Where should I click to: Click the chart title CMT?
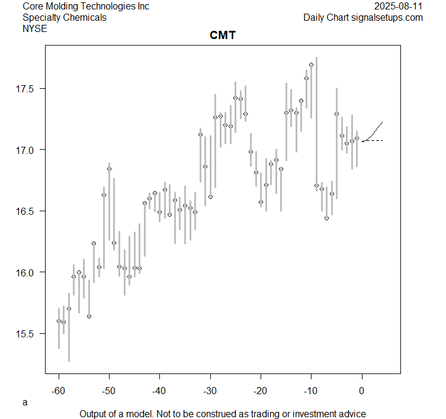[223, 36]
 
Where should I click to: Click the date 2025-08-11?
[399, 6]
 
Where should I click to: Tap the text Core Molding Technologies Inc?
[86, 6]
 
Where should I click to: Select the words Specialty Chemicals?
[65, 17]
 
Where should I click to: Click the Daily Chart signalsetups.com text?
[363, 17]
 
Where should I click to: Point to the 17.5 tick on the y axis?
[26, 89]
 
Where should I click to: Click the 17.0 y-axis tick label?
[26, 150]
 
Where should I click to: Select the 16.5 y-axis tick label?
[26, 211]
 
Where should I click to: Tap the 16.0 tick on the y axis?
[26, 272]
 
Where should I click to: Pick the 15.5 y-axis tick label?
[26, 334]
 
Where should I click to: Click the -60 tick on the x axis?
[59, 391]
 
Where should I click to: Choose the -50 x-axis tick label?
[109, 391]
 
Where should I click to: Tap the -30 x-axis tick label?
[210, 391]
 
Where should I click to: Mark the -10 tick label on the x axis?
[311, 391]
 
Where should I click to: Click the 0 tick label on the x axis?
[362, 391]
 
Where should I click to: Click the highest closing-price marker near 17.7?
[311, 65]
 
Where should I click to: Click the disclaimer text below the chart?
[223, 414]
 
